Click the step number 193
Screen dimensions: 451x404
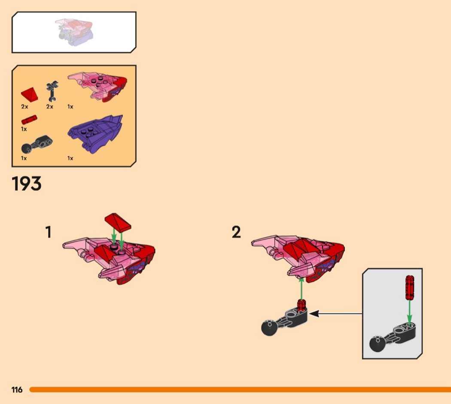[x=27, y=184]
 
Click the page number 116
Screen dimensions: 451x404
[x=17, y=390]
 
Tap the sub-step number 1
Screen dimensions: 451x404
[x=48, y=232]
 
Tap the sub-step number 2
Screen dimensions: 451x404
[x=236, y=232]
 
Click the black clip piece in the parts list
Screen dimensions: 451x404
[x=52, y=91]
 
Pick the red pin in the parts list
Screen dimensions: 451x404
[x=29, y=120]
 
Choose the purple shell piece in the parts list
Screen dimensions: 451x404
[x=95, y=134]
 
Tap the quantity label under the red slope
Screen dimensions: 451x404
[x=25, y=106]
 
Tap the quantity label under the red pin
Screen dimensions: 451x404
[x=24, y=129]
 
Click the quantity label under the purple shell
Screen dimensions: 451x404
[x=70, y=158]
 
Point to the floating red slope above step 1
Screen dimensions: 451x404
[x=118, y=222]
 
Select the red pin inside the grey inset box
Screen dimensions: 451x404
[x=410, y=288]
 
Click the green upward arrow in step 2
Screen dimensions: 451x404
[x=301, y=289]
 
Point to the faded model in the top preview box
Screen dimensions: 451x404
[x=74, y=33]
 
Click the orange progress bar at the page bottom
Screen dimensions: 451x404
[x=240, y=390]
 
